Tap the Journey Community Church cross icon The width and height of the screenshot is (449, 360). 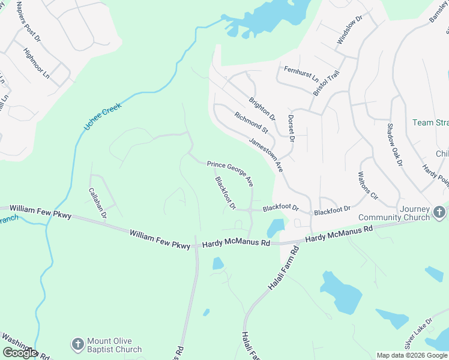click(x=439, y=212)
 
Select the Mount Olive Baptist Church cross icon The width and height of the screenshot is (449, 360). click(x=77, y=344)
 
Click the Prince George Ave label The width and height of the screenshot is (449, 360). click(x=231, y=172)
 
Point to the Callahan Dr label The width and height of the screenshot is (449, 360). click(x=98, y=202)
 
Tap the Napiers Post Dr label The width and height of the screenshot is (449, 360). click(x=28, y=22)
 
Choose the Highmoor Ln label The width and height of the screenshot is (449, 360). click(x=36, y=63)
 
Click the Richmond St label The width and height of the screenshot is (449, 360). click(x=251, y=122)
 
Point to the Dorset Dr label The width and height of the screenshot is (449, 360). click(x=291, y=128)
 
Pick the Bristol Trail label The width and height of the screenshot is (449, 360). click(x=326, y=82)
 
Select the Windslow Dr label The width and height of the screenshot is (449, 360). click(x=350, y=30)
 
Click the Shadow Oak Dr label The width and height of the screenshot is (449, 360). click(x=393, y=145)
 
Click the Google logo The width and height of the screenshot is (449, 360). click(x=20, y=353)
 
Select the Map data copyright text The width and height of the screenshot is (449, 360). click(x=411, y=355)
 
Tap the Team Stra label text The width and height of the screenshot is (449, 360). click(x=430, y=122)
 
